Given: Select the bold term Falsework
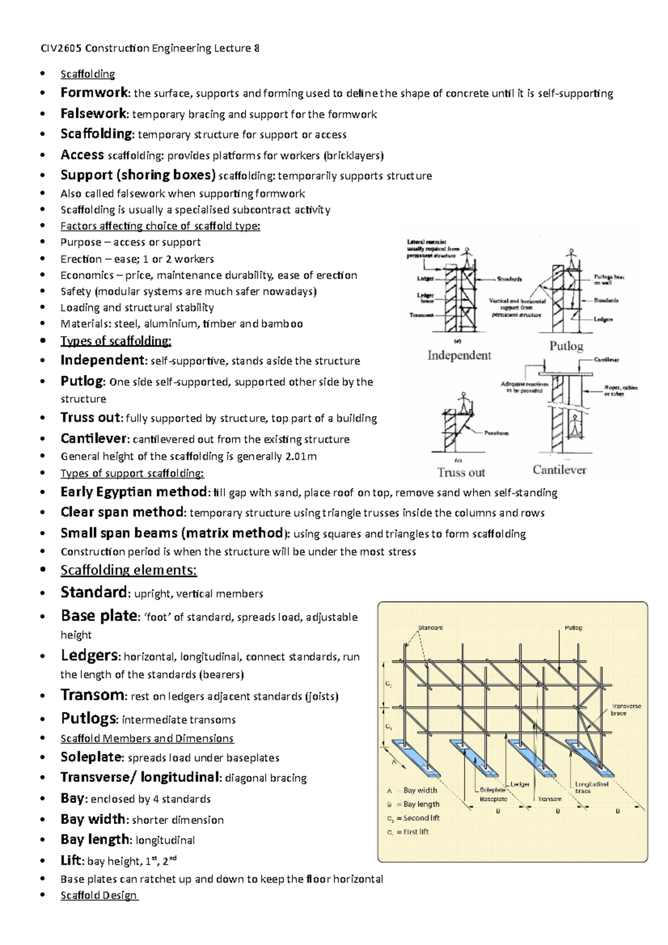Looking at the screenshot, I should (94, 114).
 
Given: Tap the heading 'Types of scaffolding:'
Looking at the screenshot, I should (115, 341).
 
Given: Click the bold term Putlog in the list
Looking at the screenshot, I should (82, 381).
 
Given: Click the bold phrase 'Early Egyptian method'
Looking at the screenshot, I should (134, 492).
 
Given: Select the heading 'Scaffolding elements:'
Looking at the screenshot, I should (129, 570).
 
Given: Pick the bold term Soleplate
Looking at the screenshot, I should (91, 757).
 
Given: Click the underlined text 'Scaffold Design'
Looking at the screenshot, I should (99, 895).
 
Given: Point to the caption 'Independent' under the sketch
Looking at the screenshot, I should (459, 355).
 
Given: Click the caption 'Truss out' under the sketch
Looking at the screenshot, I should (461, 472).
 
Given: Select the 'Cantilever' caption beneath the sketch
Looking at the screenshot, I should (559, 470).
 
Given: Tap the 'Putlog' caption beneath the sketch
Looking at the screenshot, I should (566, 346).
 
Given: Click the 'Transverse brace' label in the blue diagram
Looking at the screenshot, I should (626, 709).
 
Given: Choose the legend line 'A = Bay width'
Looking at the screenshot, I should (412, 790).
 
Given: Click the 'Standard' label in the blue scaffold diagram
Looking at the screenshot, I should (430, 628).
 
